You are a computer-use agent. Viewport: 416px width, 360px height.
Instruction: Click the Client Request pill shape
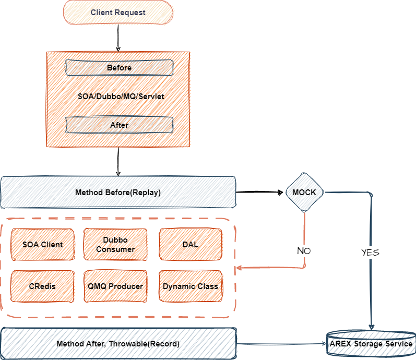[x=118, y=13]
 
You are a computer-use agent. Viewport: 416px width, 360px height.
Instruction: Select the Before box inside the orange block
[x=119, y=68]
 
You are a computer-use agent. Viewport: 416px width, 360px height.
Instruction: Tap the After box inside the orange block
[x=119, y=125]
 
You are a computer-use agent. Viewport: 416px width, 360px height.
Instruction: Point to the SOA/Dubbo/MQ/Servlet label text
[x=121, y=97]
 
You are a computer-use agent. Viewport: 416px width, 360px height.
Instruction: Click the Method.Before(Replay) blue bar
[x=118, y=193]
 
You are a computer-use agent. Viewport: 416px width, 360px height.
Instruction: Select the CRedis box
[x=43, y=286]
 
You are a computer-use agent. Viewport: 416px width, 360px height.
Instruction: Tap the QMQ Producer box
[x=115, y=286]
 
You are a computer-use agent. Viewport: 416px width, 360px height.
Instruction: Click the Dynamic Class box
[x=190, y=286]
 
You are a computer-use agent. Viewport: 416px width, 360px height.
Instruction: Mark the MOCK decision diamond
[x=305, y=192]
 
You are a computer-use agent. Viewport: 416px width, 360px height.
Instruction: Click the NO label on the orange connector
[x=304, y=251]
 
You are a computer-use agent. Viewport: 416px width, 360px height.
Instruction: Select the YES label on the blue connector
[x=370, y=253]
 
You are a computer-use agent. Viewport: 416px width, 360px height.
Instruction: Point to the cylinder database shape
[x=371, y=344]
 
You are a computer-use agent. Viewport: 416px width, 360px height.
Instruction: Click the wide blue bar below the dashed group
[x=118, y=344]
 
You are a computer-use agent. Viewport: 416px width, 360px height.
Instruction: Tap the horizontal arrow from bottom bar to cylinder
[x=282, y=344]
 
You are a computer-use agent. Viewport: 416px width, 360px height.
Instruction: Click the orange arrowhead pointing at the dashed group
[x=239, y=268]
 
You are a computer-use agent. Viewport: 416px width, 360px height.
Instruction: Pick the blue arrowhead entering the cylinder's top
[x=371, y=327]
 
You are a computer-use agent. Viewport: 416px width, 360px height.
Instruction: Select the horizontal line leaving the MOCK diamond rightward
[x=347, y=193]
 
